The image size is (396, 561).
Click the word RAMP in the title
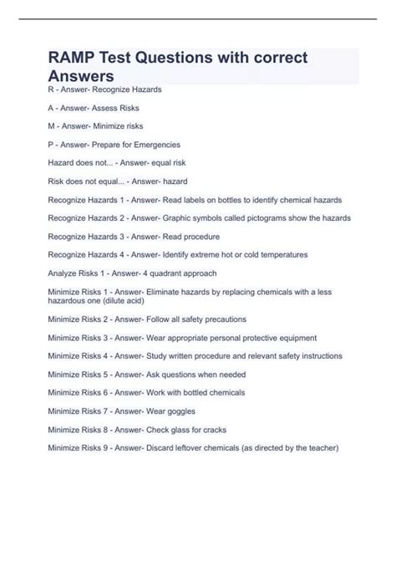(74, 58)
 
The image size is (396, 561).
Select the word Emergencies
(156, 145)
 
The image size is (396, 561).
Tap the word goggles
(175, 411)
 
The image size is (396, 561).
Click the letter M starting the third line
(52, 126)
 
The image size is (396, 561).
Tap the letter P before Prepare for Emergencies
(51, 145)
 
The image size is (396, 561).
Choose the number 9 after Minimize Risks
(109, 447)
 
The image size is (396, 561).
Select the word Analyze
(63, 273)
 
